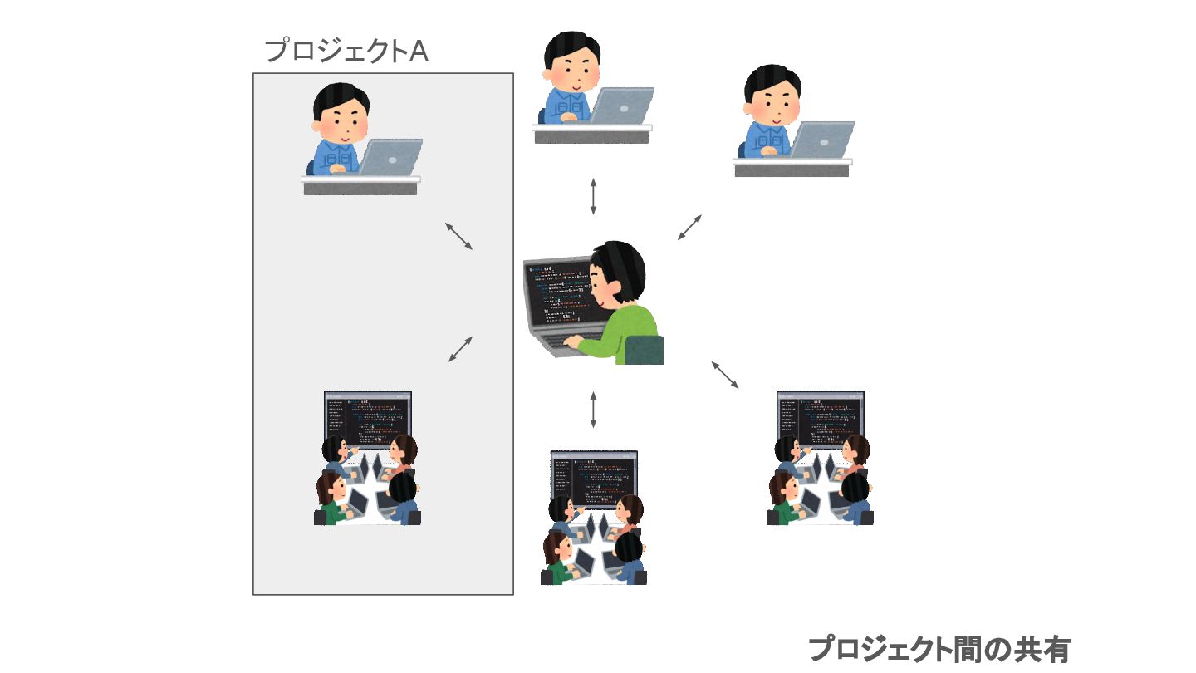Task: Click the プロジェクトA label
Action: [x=346, y=52]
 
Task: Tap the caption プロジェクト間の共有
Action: [x=939, y=649]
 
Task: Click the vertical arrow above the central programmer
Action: [x=593, y=196]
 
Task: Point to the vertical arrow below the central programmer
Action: [x=593, y=410]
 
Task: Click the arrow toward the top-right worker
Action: [x=689, y=227]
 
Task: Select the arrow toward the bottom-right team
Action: [x=724, y=374]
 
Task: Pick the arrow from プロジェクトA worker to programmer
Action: [x=458, y=236]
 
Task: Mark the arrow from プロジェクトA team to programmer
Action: [x=461, y=349]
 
